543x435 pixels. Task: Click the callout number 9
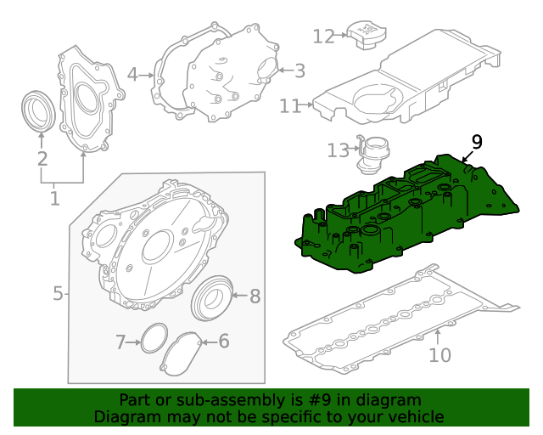[476, 142]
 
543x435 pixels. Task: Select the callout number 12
[324, 36]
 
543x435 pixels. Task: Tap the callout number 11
[291, 105]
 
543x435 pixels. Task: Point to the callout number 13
[339, 150]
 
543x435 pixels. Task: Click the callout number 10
[439, 354]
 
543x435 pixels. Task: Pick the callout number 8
[255, 297]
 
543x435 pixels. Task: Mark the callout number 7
[120, 342]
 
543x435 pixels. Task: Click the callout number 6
[224, 342]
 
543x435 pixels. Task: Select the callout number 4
[132, 75]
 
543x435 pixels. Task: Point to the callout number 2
[42, 159]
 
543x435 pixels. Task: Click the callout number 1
[55, 199]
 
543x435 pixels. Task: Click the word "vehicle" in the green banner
[411, 416]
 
